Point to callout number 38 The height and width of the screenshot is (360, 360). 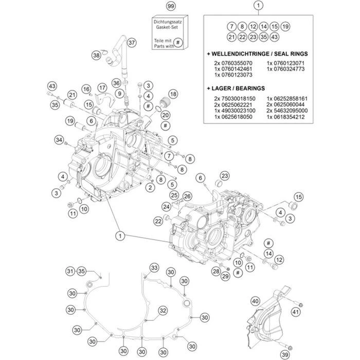point(96,55)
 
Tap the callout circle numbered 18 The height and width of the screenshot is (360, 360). point(172,94)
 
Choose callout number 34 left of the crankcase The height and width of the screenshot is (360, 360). point(60,140)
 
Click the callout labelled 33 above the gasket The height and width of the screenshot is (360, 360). point(154,267)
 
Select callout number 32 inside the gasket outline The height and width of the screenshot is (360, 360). point(163,310)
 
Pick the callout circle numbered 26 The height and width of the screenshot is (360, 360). point(187,196)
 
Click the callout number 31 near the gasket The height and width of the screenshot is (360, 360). point(69,271)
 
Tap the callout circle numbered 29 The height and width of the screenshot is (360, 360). point(225,277)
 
